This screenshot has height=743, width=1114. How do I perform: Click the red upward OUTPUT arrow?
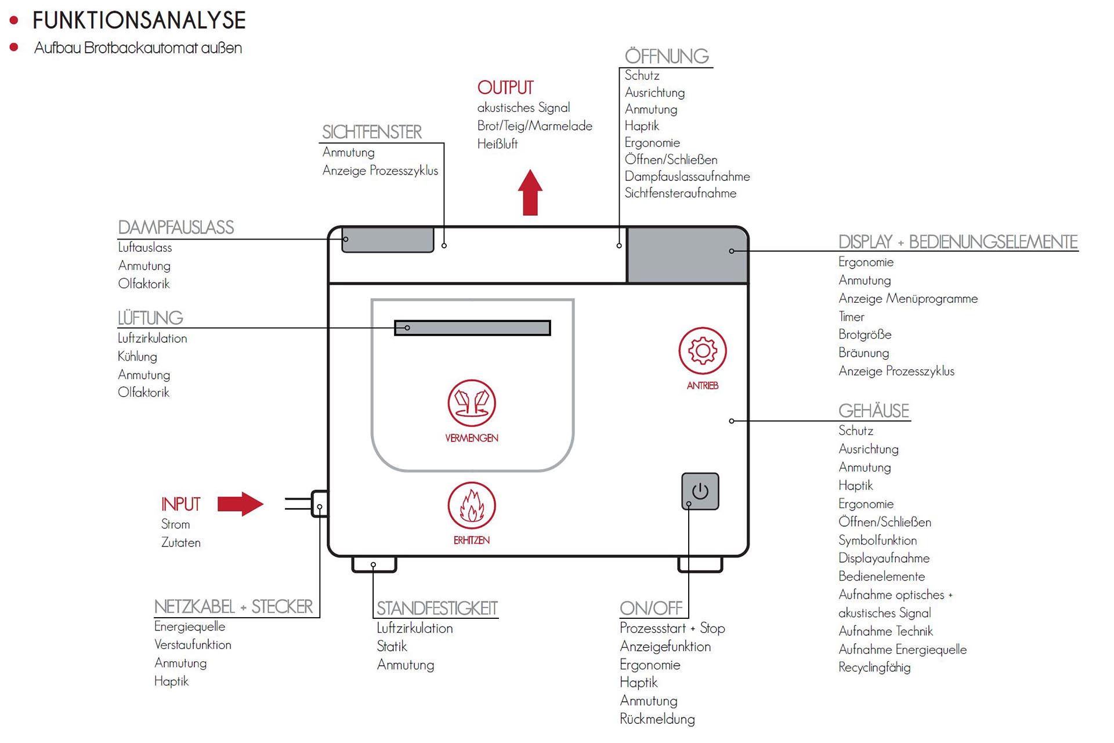[530, 193]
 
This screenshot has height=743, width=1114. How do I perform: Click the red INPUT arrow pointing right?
[240, 504]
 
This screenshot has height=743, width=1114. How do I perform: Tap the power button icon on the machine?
[700, 491]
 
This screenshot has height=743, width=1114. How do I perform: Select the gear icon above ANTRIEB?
[703, 350]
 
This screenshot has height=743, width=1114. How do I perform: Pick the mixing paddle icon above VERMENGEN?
[472, 403]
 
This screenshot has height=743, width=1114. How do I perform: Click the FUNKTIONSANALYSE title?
[139, 20]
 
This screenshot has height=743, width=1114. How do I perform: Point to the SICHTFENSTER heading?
[372, 132]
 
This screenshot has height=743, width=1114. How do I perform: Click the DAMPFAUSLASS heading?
[176, 227]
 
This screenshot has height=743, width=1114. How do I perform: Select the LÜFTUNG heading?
[150, 318]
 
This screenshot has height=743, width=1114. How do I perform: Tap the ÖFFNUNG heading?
[667, 56]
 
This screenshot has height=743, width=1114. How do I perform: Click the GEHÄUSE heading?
[874, 411]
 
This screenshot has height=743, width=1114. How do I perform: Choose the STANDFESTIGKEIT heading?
[437, 608]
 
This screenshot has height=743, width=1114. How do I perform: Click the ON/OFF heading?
[651, 608]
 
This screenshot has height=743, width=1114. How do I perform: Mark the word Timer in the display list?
[851, 317]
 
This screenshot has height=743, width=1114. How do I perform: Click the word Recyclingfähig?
[874, 668]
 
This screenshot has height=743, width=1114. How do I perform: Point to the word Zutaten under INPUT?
[181, 543]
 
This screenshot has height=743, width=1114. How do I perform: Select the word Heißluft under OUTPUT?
[497, 144]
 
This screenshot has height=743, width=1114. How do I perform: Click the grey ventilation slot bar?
[472, 328]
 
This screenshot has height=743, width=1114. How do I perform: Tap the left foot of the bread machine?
[374, 564]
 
